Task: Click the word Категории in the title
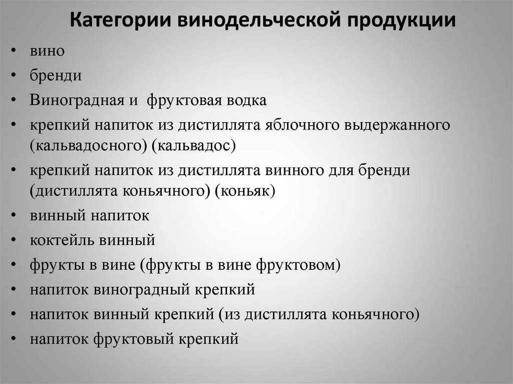coord(118,22)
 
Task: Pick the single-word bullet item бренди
coord(56,76)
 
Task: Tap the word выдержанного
coord(396,125)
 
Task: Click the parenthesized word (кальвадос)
coord(192,146)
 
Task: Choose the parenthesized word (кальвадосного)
coord(87,146)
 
